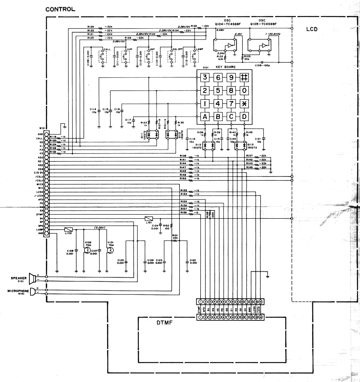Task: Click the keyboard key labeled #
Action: pos(244,77)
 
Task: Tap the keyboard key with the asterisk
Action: pos(244,103)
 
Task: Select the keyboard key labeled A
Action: pos(205,116)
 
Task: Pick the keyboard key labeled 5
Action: pos(218,90)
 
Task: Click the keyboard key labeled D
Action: pos(244,116)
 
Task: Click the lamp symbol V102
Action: pos(87,251)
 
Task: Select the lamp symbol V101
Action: pos(110,251)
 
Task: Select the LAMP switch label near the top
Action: pos(199,49)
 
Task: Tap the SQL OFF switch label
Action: pos(178,49)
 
